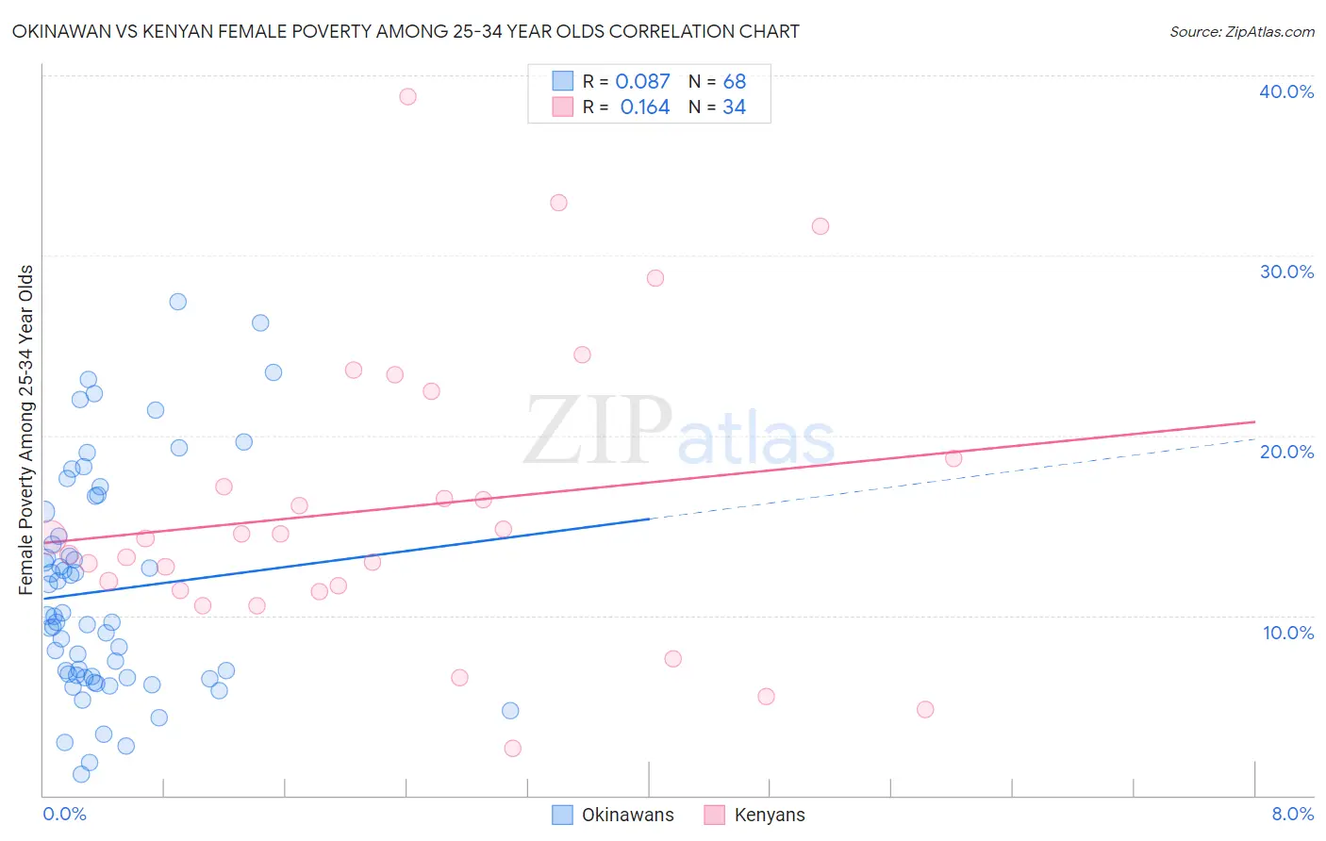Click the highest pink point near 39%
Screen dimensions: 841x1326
tap(407, 96)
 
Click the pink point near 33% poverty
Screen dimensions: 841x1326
tap(558, 203)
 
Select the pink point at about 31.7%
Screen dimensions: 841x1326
tap(820, 226)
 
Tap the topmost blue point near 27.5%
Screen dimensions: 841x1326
tap(177, 302)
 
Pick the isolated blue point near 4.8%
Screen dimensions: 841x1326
tap(510, 711)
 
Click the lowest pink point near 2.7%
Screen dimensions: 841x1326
tap(512, 749)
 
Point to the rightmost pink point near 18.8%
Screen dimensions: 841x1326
tap(953, 458)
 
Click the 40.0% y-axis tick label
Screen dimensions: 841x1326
tap(1286, 91)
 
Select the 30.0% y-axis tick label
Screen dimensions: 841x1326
tap(1286, 272)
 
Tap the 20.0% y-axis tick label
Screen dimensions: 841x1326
tap(1286, 452)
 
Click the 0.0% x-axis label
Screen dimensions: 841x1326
tap(64, 815)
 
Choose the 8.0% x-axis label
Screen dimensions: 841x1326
tap(1292, 815)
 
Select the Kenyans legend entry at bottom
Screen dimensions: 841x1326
tap(769, 816)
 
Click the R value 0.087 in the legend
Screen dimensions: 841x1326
tap(642, 82)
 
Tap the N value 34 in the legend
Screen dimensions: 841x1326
tap(734, 107)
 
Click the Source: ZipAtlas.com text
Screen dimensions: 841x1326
tap(1241, 32)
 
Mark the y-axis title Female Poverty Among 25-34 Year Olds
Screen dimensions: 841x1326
tap(26, 430)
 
